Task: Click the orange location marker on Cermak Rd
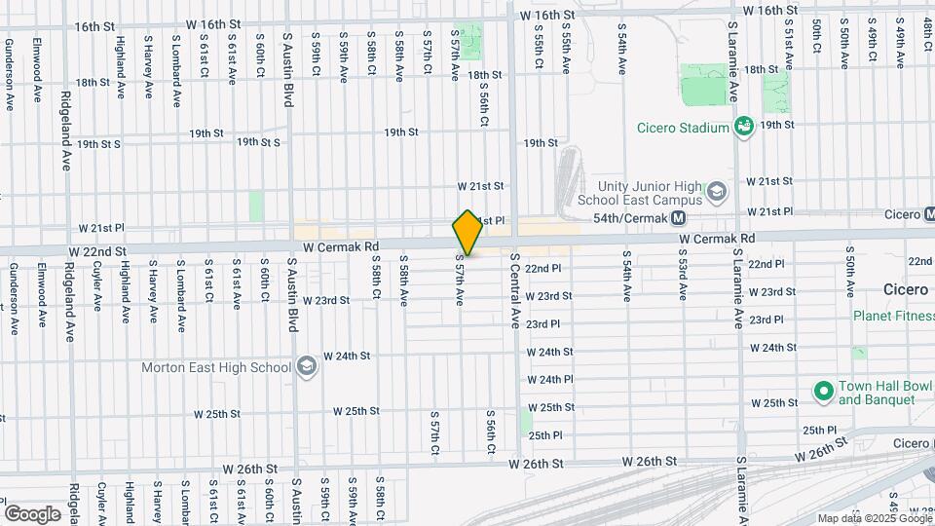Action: pos(467,233)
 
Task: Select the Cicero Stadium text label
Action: pos(683,128)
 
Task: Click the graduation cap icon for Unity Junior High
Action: pos(717,190)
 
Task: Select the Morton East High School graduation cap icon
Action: pos(306,367)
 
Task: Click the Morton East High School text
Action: pos(216,367)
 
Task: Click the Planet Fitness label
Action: pos(893,316)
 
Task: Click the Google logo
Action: pos(32,513)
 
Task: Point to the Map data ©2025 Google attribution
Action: pos(873,518)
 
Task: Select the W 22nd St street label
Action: pos(97,250)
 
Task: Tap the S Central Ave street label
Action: pos(514,290)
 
